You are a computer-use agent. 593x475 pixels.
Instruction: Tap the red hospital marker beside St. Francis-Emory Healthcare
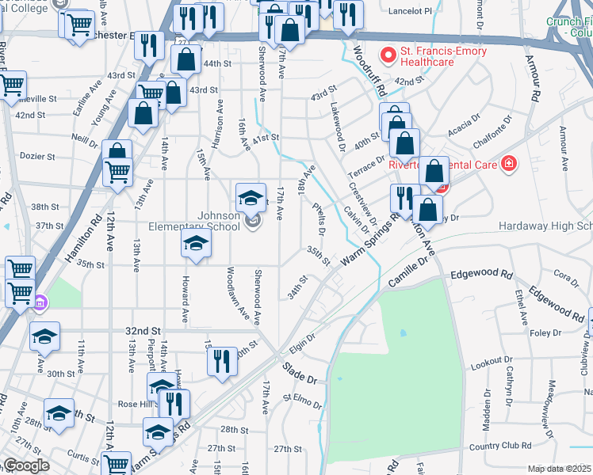[388, 54]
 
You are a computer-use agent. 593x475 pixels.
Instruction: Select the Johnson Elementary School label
[208, 221]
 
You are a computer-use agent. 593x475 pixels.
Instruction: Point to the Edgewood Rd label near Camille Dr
[480, 274]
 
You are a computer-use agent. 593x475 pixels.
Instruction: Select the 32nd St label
[143, 330]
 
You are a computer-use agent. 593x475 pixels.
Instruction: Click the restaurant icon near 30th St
[222, 361]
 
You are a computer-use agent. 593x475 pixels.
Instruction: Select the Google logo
[25, 465]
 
